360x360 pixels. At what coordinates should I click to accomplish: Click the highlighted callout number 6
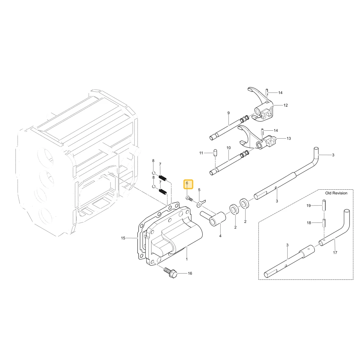(x=187, y=183)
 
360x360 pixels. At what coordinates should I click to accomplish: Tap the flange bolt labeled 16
(x=170, y=273)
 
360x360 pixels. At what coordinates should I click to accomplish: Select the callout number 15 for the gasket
(x=123, y=238)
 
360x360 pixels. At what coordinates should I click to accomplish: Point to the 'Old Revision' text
(x=336, y=193)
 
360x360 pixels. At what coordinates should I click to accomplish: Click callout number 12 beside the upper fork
(x=285, y=105)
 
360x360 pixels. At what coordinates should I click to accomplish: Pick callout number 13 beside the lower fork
(x=289, y=138)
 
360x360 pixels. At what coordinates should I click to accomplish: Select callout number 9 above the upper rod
(x=229, y=113)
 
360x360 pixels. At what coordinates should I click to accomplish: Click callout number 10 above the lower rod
(x=229, y=148)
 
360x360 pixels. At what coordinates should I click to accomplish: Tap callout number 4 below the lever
(x=220, y=236)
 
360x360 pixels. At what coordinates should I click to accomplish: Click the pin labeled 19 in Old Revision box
(x=324, y=206)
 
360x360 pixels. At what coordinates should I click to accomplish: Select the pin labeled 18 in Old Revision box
(x=324, y=222)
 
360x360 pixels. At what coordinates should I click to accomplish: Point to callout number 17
(x=335, y=253)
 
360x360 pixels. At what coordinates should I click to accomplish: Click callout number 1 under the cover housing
(x=186, y=259)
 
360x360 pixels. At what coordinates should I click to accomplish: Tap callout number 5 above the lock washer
(x=199, y=190)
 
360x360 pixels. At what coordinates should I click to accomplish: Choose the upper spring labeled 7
(x=163, y=178)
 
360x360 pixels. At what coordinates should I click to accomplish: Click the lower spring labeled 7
(x=163, y=191)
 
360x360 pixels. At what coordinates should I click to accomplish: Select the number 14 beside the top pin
(x=280, y=93)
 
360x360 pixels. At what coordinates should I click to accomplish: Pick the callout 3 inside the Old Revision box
(x=287, y=245)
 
